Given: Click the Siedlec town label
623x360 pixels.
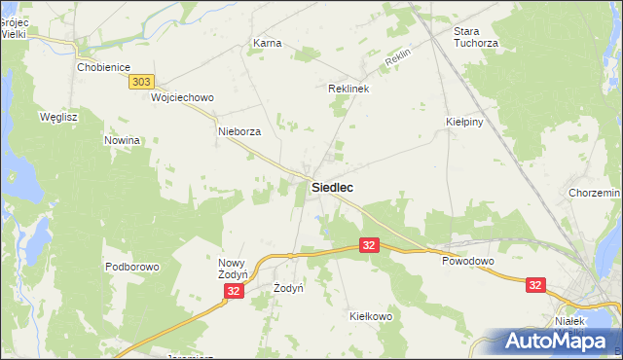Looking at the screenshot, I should tap(332, 187).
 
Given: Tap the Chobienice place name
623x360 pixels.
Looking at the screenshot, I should tap(103, 68).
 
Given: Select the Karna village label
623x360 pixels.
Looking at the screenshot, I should tap(267, 44).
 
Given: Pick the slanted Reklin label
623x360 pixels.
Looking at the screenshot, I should tap(399, 60).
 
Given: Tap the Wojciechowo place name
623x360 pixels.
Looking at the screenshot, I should tap(182, 98).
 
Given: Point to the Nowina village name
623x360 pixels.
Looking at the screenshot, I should tap(123, 140).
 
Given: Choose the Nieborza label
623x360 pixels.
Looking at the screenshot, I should tap(239, 131).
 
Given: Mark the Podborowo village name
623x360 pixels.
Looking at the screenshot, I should tap(131, 267).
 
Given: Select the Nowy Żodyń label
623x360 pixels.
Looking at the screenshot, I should tap(235, 270).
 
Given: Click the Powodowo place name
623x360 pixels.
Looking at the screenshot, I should tap(468, 262).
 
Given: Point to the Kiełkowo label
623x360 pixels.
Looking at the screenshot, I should tap(369, 317).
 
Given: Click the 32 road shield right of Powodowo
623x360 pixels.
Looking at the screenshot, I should tap(535, 285).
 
